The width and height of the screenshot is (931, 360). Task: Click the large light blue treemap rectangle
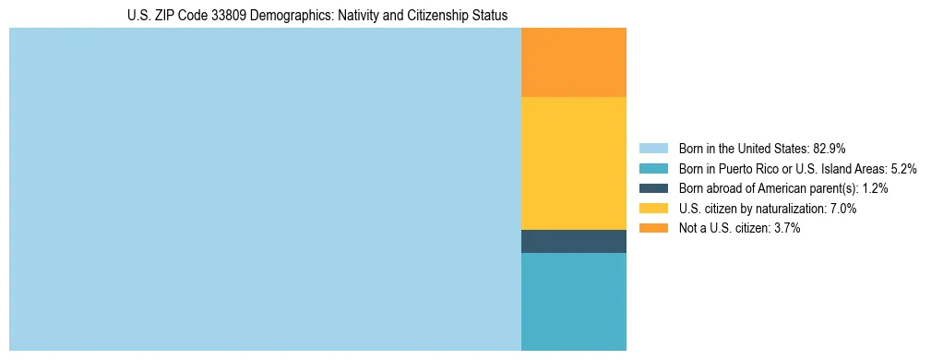(265, 189)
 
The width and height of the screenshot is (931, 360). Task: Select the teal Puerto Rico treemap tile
(573, 302)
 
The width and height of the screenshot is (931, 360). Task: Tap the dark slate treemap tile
(573, 241)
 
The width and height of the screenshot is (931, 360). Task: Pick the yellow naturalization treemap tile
(573, 162)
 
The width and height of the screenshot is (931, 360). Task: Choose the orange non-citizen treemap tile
(573, 62)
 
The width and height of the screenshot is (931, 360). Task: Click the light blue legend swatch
(653, 149)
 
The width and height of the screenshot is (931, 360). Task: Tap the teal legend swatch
(653, 169)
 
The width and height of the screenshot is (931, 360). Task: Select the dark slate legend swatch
(653, 188)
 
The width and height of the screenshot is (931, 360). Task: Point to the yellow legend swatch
(653, 209)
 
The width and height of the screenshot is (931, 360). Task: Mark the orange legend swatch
(653, 228)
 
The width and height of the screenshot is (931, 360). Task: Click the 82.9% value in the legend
(830, 149)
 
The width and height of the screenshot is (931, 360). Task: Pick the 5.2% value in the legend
(903, 169)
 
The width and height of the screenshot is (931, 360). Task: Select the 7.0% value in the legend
(841, 209)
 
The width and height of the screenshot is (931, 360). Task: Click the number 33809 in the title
(224, 16)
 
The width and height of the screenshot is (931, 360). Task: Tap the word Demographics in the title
(282, 16)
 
